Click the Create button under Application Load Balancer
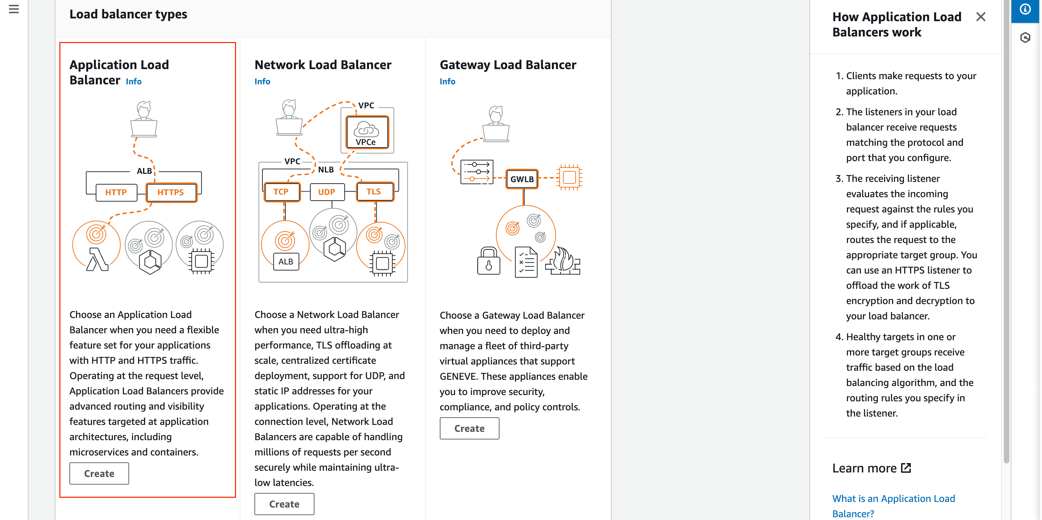99,473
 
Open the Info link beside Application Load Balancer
134,82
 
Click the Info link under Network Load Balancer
262,82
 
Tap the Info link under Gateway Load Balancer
447,82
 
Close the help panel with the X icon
981,17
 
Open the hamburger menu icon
14,9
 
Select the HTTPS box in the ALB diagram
171,193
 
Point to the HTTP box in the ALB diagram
116,193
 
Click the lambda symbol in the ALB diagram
97,259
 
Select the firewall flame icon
563,261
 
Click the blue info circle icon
1025,9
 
